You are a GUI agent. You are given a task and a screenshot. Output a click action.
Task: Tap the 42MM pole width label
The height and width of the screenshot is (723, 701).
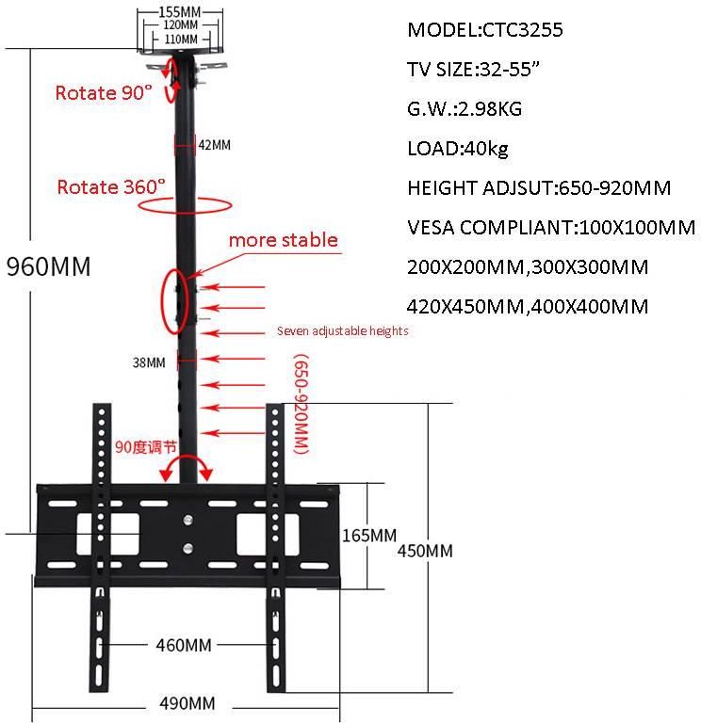click(x=214, y=145)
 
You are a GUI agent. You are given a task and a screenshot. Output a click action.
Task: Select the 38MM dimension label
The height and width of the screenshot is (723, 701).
click(x=150, y=361)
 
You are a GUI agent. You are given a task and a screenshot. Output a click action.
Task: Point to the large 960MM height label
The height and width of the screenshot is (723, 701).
click(x=49, y=266)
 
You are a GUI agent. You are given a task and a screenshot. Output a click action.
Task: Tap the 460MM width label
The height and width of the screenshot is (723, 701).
click(x=183, y=645)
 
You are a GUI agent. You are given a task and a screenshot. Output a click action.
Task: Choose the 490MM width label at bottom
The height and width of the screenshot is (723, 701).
click(x=187, y=703)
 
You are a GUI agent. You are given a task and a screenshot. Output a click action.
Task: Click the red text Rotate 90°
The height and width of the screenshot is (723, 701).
click(x=104, y=93)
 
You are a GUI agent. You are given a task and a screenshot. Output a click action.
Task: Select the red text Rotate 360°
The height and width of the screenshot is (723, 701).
click(x=111, y=186)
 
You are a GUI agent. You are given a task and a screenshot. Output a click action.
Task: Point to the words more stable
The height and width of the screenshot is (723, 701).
click(x=283, y=240)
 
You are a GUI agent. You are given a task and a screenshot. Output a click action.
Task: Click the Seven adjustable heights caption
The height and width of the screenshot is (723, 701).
click(x=342, y=331)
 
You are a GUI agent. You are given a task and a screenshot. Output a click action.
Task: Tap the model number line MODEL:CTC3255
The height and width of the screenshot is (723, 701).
click(x=485, y=29)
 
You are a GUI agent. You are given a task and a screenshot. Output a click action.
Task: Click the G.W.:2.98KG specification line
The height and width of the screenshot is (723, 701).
click(x=465, y=108)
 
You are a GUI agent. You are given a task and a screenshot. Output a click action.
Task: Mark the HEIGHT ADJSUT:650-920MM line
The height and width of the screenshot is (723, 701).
click(x=539, y=187)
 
